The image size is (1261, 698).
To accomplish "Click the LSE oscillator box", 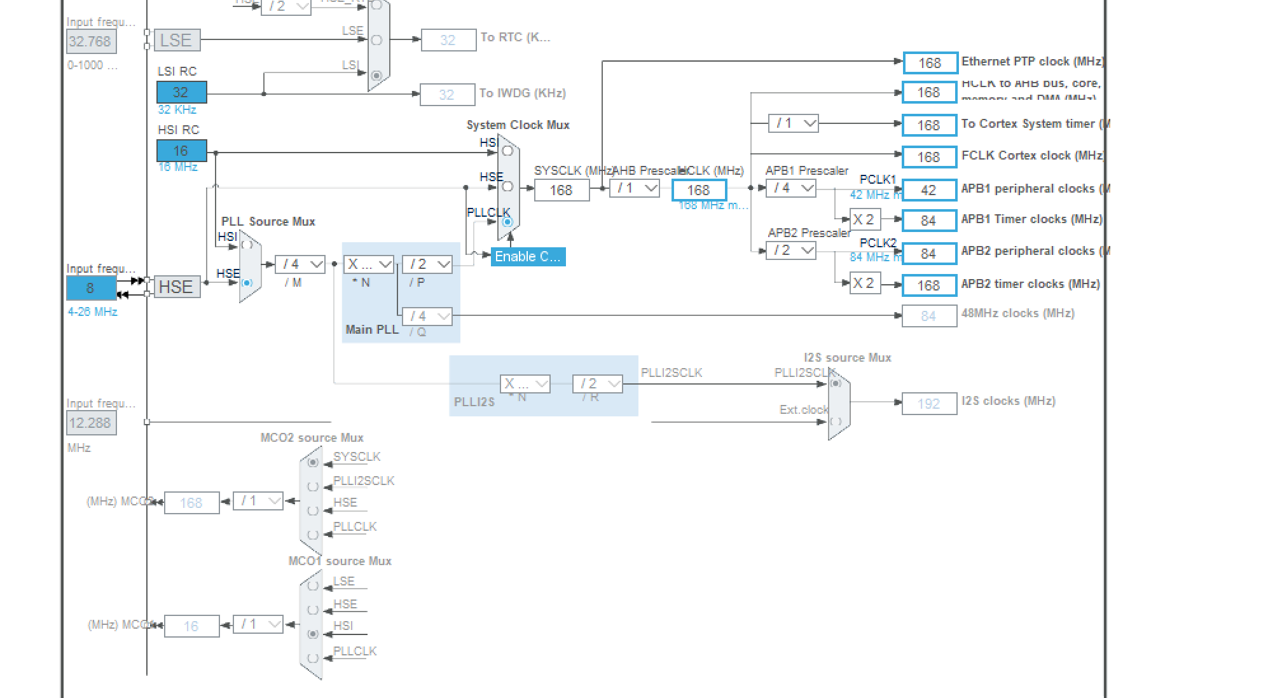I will coord(177,41).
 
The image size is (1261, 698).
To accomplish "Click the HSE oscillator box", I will coord(177,287).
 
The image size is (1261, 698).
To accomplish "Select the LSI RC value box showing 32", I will coord(181,92).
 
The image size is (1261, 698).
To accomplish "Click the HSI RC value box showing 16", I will coord(181,151).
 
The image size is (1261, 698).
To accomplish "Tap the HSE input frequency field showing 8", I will coord(91,288).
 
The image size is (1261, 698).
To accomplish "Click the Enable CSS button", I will coord(528,257).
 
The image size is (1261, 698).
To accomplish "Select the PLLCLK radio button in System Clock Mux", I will coord(507,222).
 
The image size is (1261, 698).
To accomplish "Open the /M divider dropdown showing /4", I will coord(300,264).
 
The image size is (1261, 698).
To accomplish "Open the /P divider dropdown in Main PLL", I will coord(427,264).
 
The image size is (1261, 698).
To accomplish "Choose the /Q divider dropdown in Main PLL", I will coord(427,316).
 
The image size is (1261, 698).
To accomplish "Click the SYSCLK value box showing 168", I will coord(562,190).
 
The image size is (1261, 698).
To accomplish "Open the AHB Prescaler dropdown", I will coord(635,188).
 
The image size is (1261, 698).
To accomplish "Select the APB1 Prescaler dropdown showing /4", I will coord(791,188).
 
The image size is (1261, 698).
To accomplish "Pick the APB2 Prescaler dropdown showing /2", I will coord(791,250).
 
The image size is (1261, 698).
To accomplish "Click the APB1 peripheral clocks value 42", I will coord(929,190).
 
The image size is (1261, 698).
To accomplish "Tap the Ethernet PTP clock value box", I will coord(930,63).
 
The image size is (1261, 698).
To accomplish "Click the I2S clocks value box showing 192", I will coord(929,404).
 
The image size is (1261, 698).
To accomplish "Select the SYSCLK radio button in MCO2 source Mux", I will coord(313,462).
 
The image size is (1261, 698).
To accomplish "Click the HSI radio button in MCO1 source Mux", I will coord(313,634).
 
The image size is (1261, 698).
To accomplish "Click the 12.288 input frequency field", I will coord(91,423).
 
